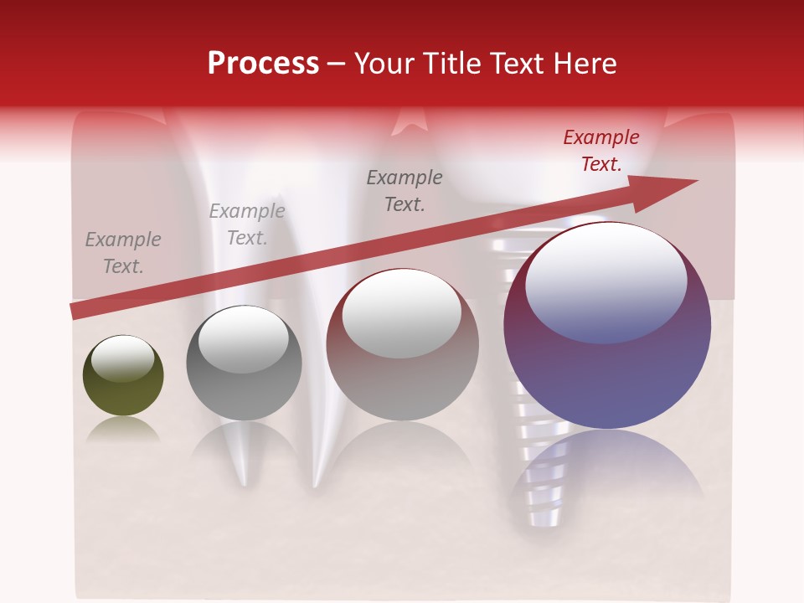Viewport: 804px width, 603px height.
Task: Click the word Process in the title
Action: pyautogui.click(x=263, y=64)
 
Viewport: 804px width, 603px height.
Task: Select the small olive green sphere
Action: pyautogui.click(x=123, y=376)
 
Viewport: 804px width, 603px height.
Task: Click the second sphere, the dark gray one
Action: pyautogui.click(x=244, y=363)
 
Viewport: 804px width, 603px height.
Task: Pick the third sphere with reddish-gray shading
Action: pyautogui.click(x=402, y=345)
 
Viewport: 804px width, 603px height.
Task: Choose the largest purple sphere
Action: pyautogui.click(x=607, y=326)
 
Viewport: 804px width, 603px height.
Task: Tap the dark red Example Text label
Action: pyautogui.click(x=600, y=151)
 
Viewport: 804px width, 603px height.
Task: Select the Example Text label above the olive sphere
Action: pyautogui.click(x=122, y=253)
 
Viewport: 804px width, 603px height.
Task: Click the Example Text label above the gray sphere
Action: pyautogui.click(x=246, y=224)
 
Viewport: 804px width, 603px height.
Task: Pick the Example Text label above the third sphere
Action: pyautogui.click(x=405, y=190)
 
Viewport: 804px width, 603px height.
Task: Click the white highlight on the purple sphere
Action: pyautogui.click(x=606, y=282)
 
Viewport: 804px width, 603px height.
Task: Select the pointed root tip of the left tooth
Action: pyautogui.click(x=244, y=481)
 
